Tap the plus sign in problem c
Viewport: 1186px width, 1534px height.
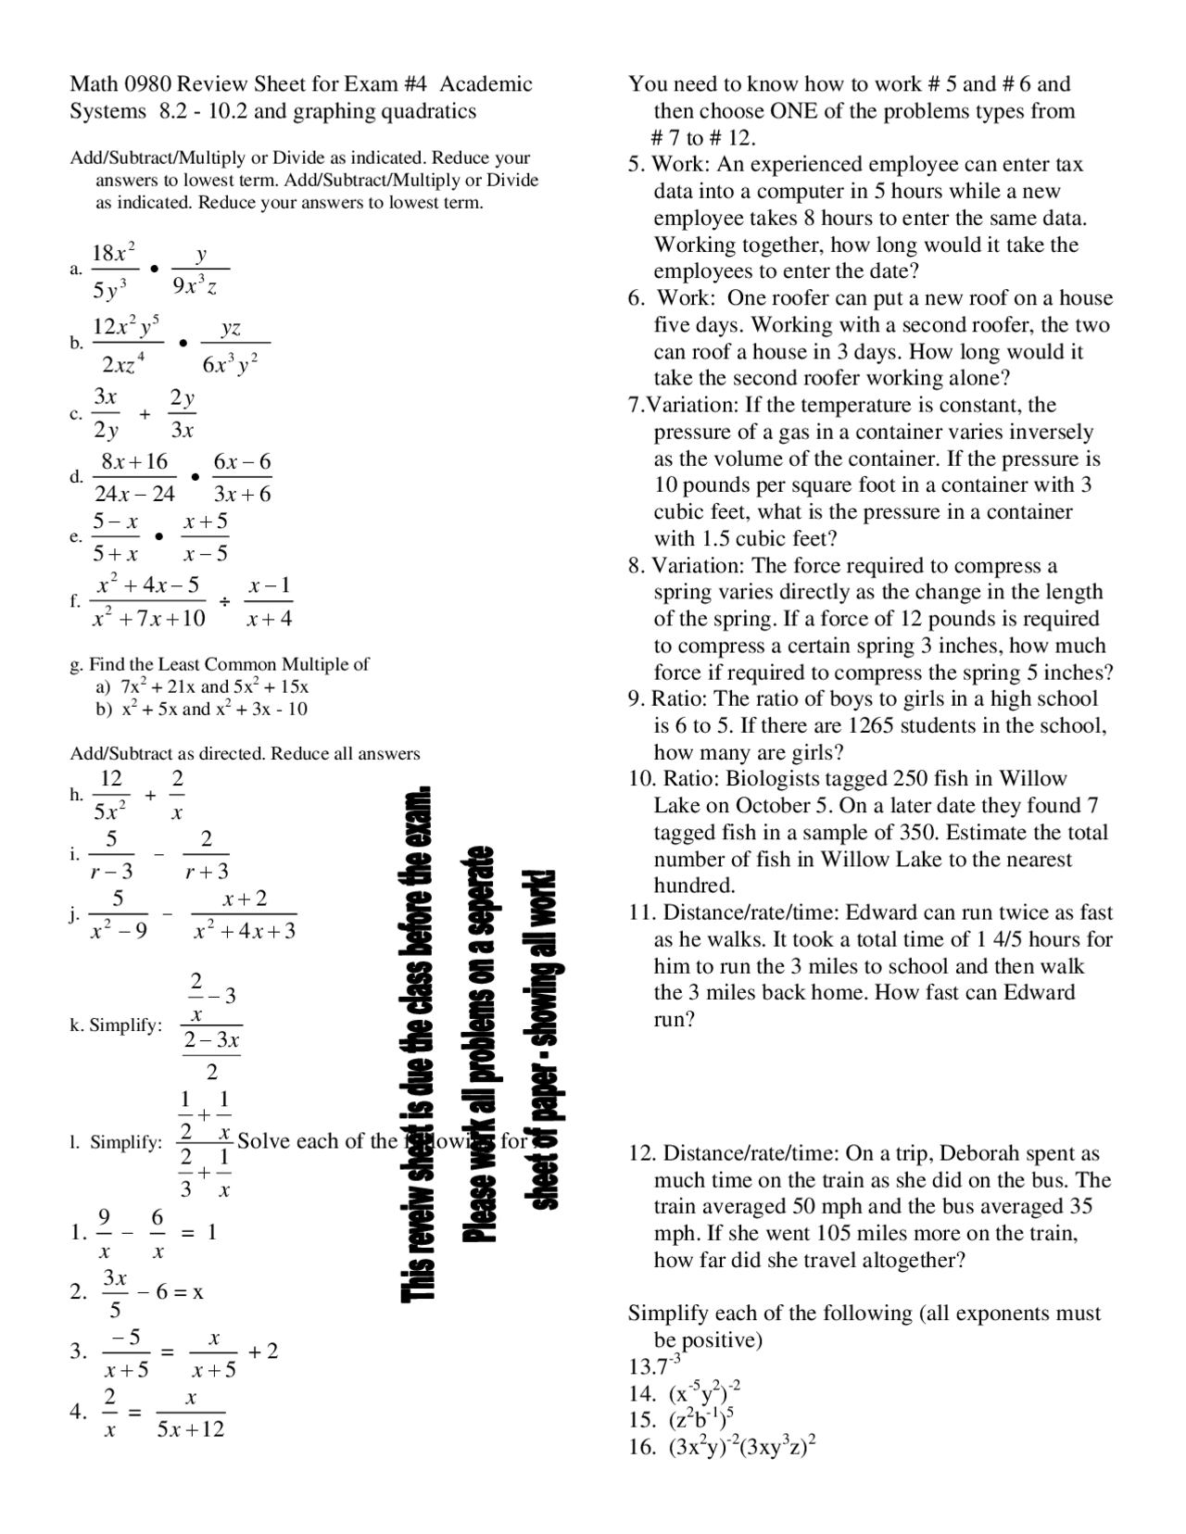pos(145,414)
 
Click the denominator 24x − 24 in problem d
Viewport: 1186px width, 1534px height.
pos(134,494)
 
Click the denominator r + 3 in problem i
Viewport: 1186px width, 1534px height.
pos(207,871)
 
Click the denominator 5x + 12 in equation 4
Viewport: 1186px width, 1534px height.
pos(191,1429)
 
